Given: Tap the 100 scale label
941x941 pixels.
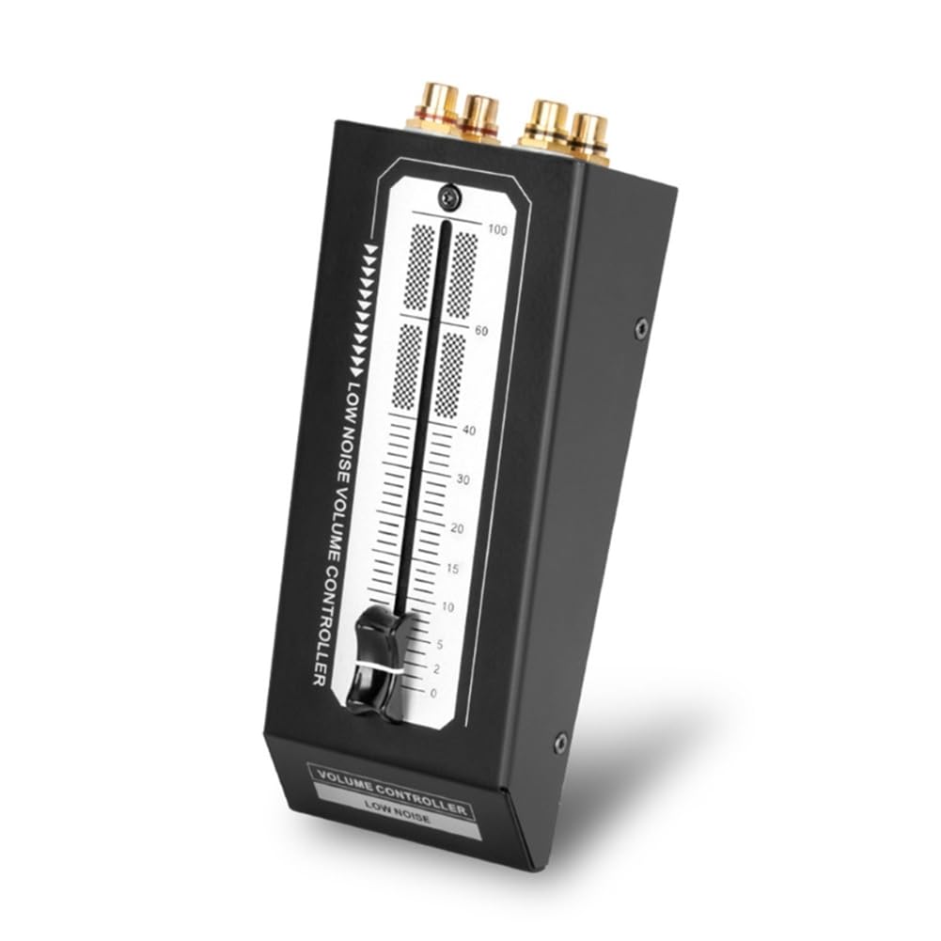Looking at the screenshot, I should coord(498,230).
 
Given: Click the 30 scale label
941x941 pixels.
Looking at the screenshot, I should coord(462,479).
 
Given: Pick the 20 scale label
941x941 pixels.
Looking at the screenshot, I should coord(457,528).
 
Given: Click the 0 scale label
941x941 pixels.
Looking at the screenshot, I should coord(432,693).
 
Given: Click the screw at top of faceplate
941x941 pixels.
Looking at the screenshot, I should coord(450,197).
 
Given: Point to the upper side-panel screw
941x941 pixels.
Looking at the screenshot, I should coord(641,328).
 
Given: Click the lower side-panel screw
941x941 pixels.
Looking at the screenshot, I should coord(560,743).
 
